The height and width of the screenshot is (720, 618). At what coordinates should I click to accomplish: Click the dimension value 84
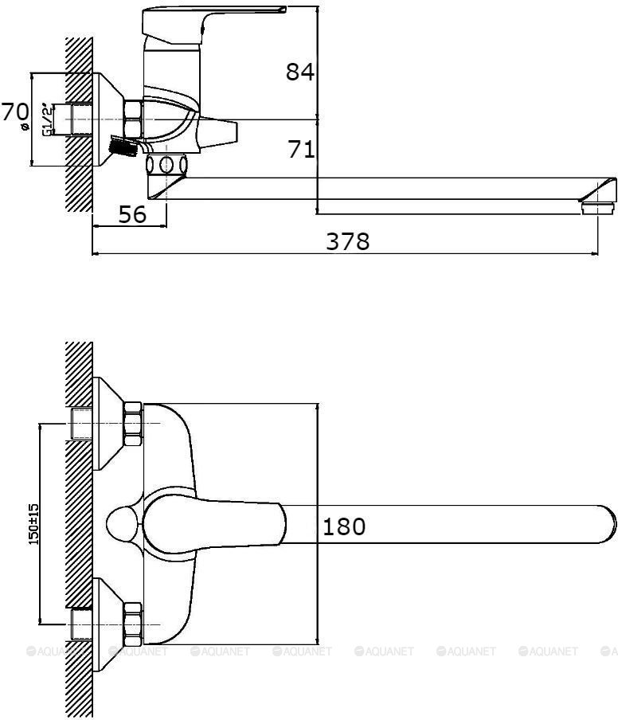pos(300,72)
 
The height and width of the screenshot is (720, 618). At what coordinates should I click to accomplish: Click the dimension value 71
pos(301,149)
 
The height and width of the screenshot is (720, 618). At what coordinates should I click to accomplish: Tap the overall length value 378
pos(347,241)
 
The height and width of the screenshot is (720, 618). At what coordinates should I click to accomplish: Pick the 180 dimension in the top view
pos(344,526)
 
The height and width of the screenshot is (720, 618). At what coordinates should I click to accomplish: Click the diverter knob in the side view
pos(220,129)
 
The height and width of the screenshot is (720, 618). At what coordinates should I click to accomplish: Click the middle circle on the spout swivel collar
pos(167,166)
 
